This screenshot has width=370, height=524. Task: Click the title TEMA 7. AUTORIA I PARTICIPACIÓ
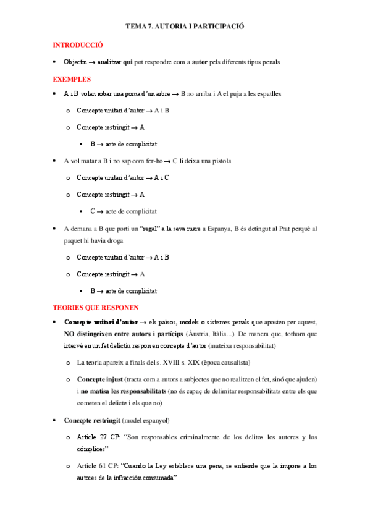(185, 27)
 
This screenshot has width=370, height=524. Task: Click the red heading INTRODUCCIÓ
(78, 45)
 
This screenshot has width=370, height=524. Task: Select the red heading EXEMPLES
(72, 79)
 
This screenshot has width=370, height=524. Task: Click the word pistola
(219, 161)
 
